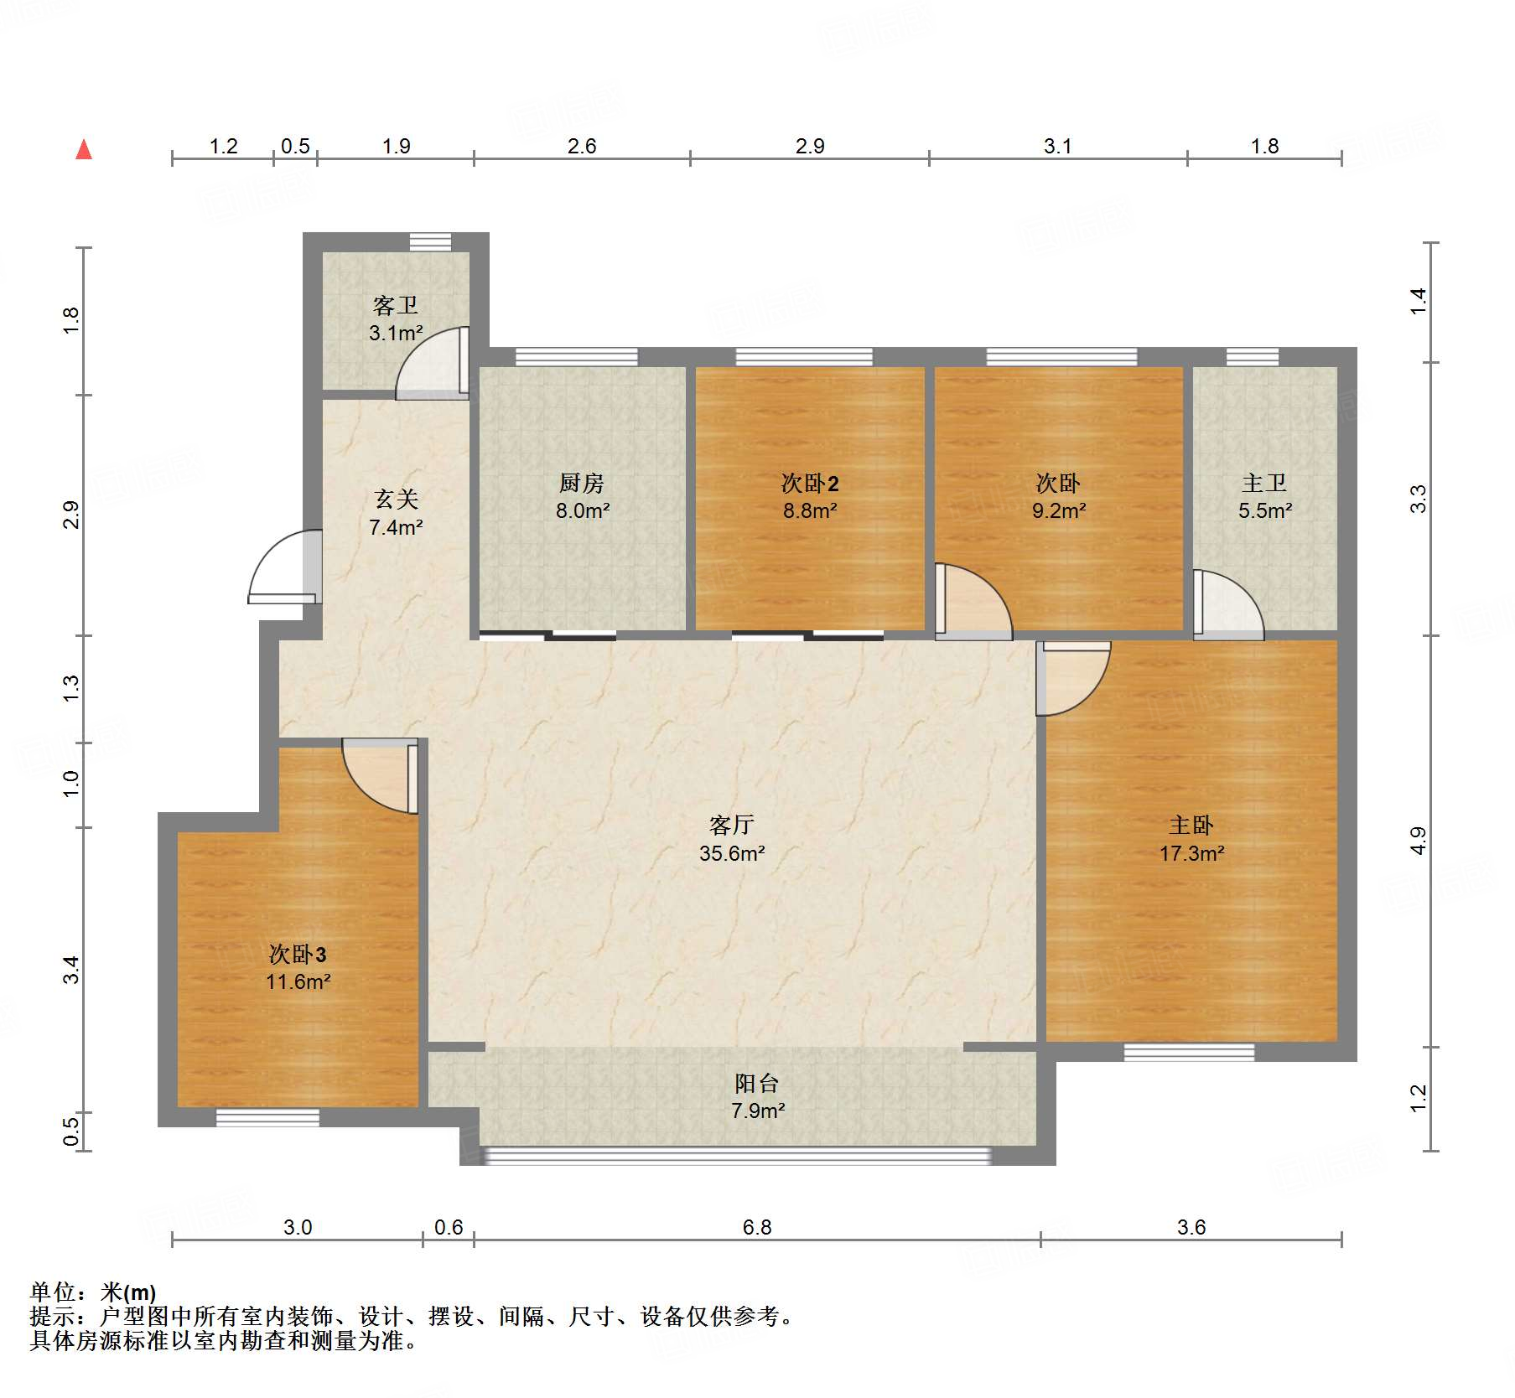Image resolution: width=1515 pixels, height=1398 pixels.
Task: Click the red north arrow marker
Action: click(x=84, y=150)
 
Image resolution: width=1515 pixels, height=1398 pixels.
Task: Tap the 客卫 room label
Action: click(x=395, y=305)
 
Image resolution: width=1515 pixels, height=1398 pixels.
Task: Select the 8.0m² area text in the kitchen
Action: click(x=583, y=510)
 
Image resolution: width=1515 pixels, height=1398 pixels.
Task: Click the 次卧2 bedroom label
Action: click(x=810, y=484)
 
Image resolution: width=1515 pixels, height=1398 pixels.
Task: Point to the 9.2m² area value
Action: click(x=1059, y=510)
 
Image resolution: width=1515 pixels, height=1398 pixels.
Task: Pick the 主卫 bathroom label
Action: click(x=1264, y=484)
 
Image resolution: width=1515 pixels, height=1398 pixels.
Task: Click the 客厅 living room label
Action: click(x=732, y=826)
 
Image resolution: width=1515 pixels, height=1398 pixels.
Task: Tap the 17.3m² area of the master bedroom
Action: click(x=1191, y=853)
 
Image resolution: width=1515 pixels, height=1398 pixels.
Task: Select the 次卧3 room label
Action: click(x=298, y=954)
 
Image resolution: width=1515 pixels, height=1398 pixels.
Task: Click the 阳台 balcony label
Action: click(x=757, y=1084)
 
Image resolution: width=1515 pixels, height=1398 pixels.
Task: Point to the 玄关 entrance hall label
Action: click(x=396, y=500)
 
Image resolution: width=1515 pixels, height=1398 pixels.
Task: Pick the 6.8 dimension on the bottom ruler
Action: click(x=757, y=1227)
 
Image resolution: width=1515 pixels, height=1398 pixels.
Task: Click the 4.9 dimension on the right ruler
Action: click(x=1418, y=840)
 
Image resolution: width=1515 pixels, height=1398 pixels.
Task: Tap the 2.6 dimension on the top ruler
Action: click(x=582, y=147)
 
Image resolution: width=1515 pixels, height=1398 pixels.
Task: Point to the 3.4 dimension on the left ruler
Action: click(x=71, y=970)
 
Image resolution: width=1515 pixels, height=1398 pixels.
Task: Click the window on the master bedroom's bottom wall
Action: click(x=1189, y=1052)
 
